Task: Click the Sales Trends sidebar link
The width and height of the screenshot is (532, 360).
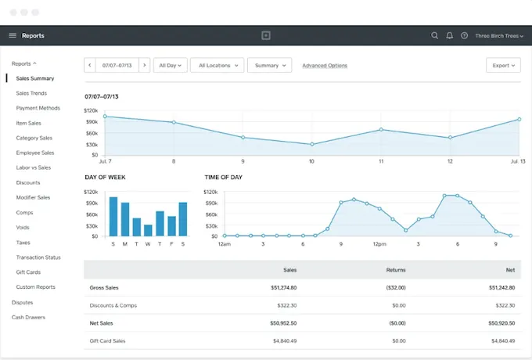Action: [x=31, y=93]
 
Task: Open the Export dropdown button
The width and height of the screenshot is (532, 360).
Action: [x=502, y=66]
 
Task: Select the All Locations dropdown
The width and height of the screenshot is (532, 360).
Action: [x=217, y=66]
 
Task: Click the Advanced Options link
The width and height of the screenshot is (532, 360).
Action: [x=325, y=66]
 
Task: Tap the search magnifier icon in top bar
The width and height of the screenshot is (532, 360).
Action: [x=435, y=35]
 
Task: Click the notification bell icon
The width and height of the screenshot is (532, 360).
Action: [x=449, y=35]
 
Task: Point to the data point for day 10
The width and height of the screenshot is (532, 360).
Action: [x=312, y=144]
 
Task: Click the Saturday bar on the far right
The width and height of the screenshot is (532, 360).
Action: [x=183, y=219]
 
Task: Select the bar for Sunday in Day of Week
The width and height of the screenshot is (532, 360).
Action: [x=113, y=216]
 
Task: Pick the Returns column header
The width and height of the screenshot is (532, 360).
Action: [x=396, y=269]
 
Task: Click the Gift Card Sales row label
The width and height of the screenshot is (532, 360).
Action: [x=108, y=340]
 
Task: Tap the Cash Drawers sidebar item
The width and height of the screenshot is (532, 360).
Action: [x=28, y=317]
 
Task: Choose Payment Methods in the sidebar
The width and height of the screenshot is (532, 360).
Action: [x=38, y=108]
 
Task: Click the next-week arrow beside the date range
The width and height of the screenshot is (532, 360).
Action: [x=144, y=66]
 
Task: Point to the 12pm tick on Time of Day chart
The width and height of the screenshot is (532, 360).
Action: [x=379, y=243]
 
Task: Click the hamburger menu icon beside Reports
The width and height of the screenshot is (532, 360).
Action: [x=13, y=35]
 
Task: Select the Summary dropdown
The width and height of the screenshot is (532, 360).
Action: [x=270, y=66]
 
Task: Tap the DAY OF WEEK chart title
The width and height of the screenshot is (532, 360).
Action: [x=105, y=178]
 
